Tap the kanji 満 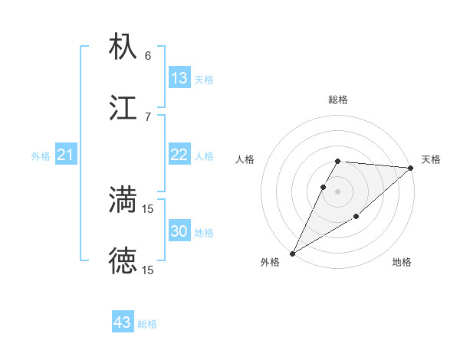(x=123, y=199)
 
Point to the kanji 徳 (x=123, y=260)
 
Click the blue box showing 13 (x=179, y=78)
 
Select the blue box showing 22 (x=179, y=155)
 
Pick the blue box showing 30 (x=179, y=231)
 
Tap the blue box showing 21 (x=66, y=155)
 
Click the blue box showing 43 (x=123, y=322)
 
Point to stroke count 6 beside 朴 (x=148, y=56)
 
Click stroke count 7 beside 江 (x=148, y=117)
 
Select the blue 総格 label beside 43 (x=147, y=324)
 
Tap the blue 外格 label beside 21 (x=41, y=156)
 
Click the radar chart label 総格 (x=337, y=100)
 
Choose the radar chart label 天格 (x=431, y=159)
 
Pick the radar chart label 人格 (x=245, y=159)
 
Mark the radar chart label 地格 (x=402, y=263)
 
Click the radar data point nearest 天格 (x=410, y=168)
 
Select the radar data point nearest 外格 (x=292, y=253)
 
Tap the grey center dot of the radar (x=337, y=191)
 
